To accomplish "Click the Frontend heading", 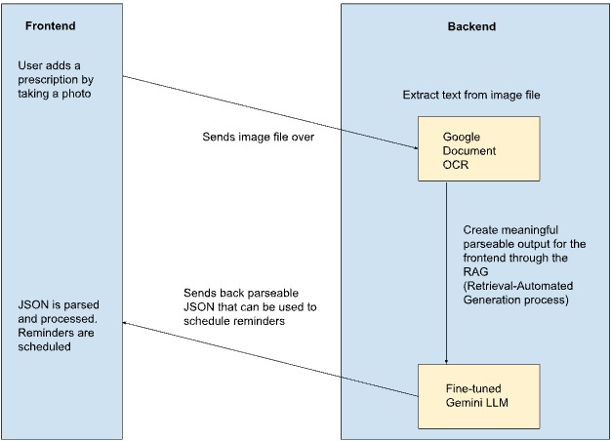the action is tap(51, 26).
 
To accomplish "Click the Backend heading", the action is tap(471, 26).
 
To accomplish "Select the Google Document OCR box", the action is tap(479, 149).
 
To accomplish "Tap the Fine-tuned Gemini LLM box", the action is tap(479, 396).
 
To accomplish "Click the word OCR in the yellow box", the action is tap(456, 165).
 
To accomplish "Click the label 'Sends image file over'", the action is tap(258, 137).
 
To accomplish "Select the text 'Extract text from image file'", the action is tap(471, 95).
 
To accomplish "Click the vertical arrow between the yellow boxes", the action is tap(447, 273).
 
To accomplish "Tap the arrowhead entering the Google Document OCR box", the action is tap(416, 148).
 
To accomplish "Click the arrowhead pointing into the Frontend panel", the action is tap(125, 323).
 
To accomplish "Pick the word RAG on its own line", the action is tap(475, 271).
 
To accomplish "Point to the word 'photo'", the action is tap(76, 94).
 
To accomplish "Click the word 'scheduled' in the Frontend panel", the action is tap(45, 346).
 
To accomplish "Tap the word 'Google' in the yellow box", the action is tap(462, 138).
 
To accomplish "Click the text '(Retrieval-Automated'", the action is tap(518, 286).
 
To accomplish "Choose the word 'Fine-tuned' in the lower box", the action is tap(473, 388).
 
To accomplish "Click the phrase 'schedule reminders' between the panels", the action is tap(234, 321).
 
